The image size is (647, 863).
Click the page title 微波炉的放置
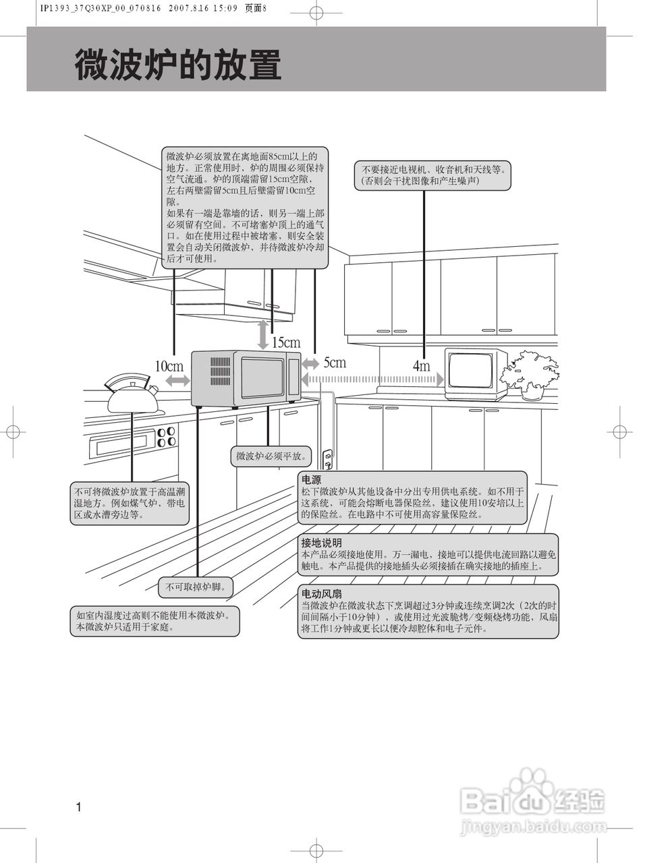point(178,65)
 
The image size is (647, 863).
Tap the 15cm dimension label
point(286,343)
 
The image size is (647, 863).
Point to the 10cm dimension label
point(169,366)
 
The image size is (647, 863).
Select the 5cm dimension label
point(335,363)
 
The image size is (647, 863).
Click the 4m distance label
point(421,366)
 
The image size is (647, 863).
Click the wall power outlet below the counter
point(329,460)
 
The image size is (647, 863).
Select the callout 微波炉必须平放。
point(271,456)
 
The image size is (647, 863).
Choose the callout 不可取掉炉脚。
point(195,587)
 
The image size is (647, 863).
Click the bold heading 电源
point(311,480)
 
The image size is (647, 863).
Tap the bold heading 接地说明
point(321,542)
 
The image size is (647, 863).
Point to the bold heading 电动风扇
point(321,594)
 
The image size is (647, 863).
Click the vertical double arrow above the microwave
point(263,334)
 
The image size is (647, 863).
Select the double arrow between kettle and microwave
point(177,381)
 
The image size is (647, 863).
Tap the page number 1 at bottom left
point(79,807)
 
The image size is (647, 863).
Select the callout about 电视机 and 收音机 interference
point(433,176)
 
